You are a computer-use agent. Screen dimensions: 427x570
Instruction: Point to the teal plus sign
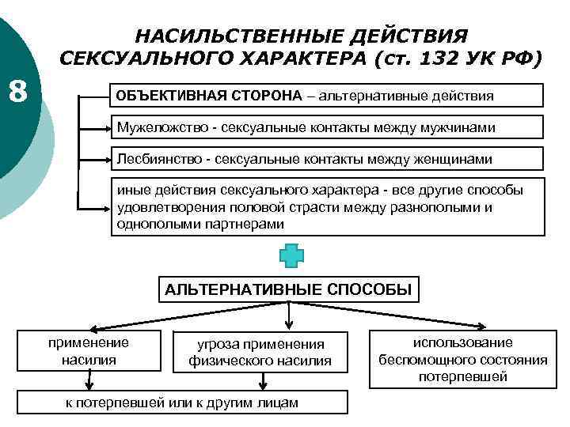coord(290,256)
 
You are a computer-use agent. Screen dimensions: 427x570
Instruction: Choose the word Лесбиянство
coord(156,159)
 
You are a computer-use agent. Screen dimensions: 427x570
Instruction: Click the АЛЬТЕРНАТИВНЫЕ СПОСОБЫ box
coord(288,289)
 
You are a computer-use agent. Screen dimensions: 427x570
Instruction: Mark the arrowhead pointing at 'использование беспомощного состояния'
coord(484,324)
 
